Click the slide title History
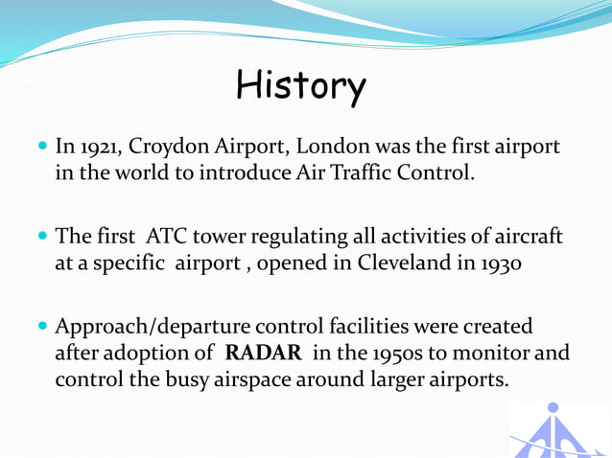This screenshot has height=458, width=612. point(300,87)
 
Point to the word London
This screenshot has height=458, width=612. point(331,148)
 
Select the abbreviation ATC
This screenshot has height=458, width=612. point(170,237)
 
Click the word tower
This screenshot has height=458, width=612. point(224,237)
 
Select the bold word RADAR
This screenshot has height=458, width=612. point(263,353)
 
